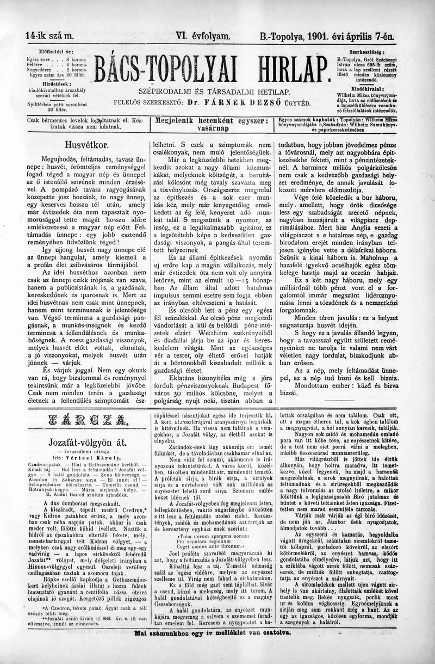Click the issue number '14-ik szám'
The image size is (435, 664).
(48, 37)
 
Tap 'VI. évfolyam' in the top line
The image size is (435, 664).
(200, 37)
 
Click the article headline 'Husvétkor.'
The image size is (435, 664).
(86, 145)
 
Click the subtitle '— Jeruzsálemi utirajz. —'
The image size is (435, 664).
(87, 451)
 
